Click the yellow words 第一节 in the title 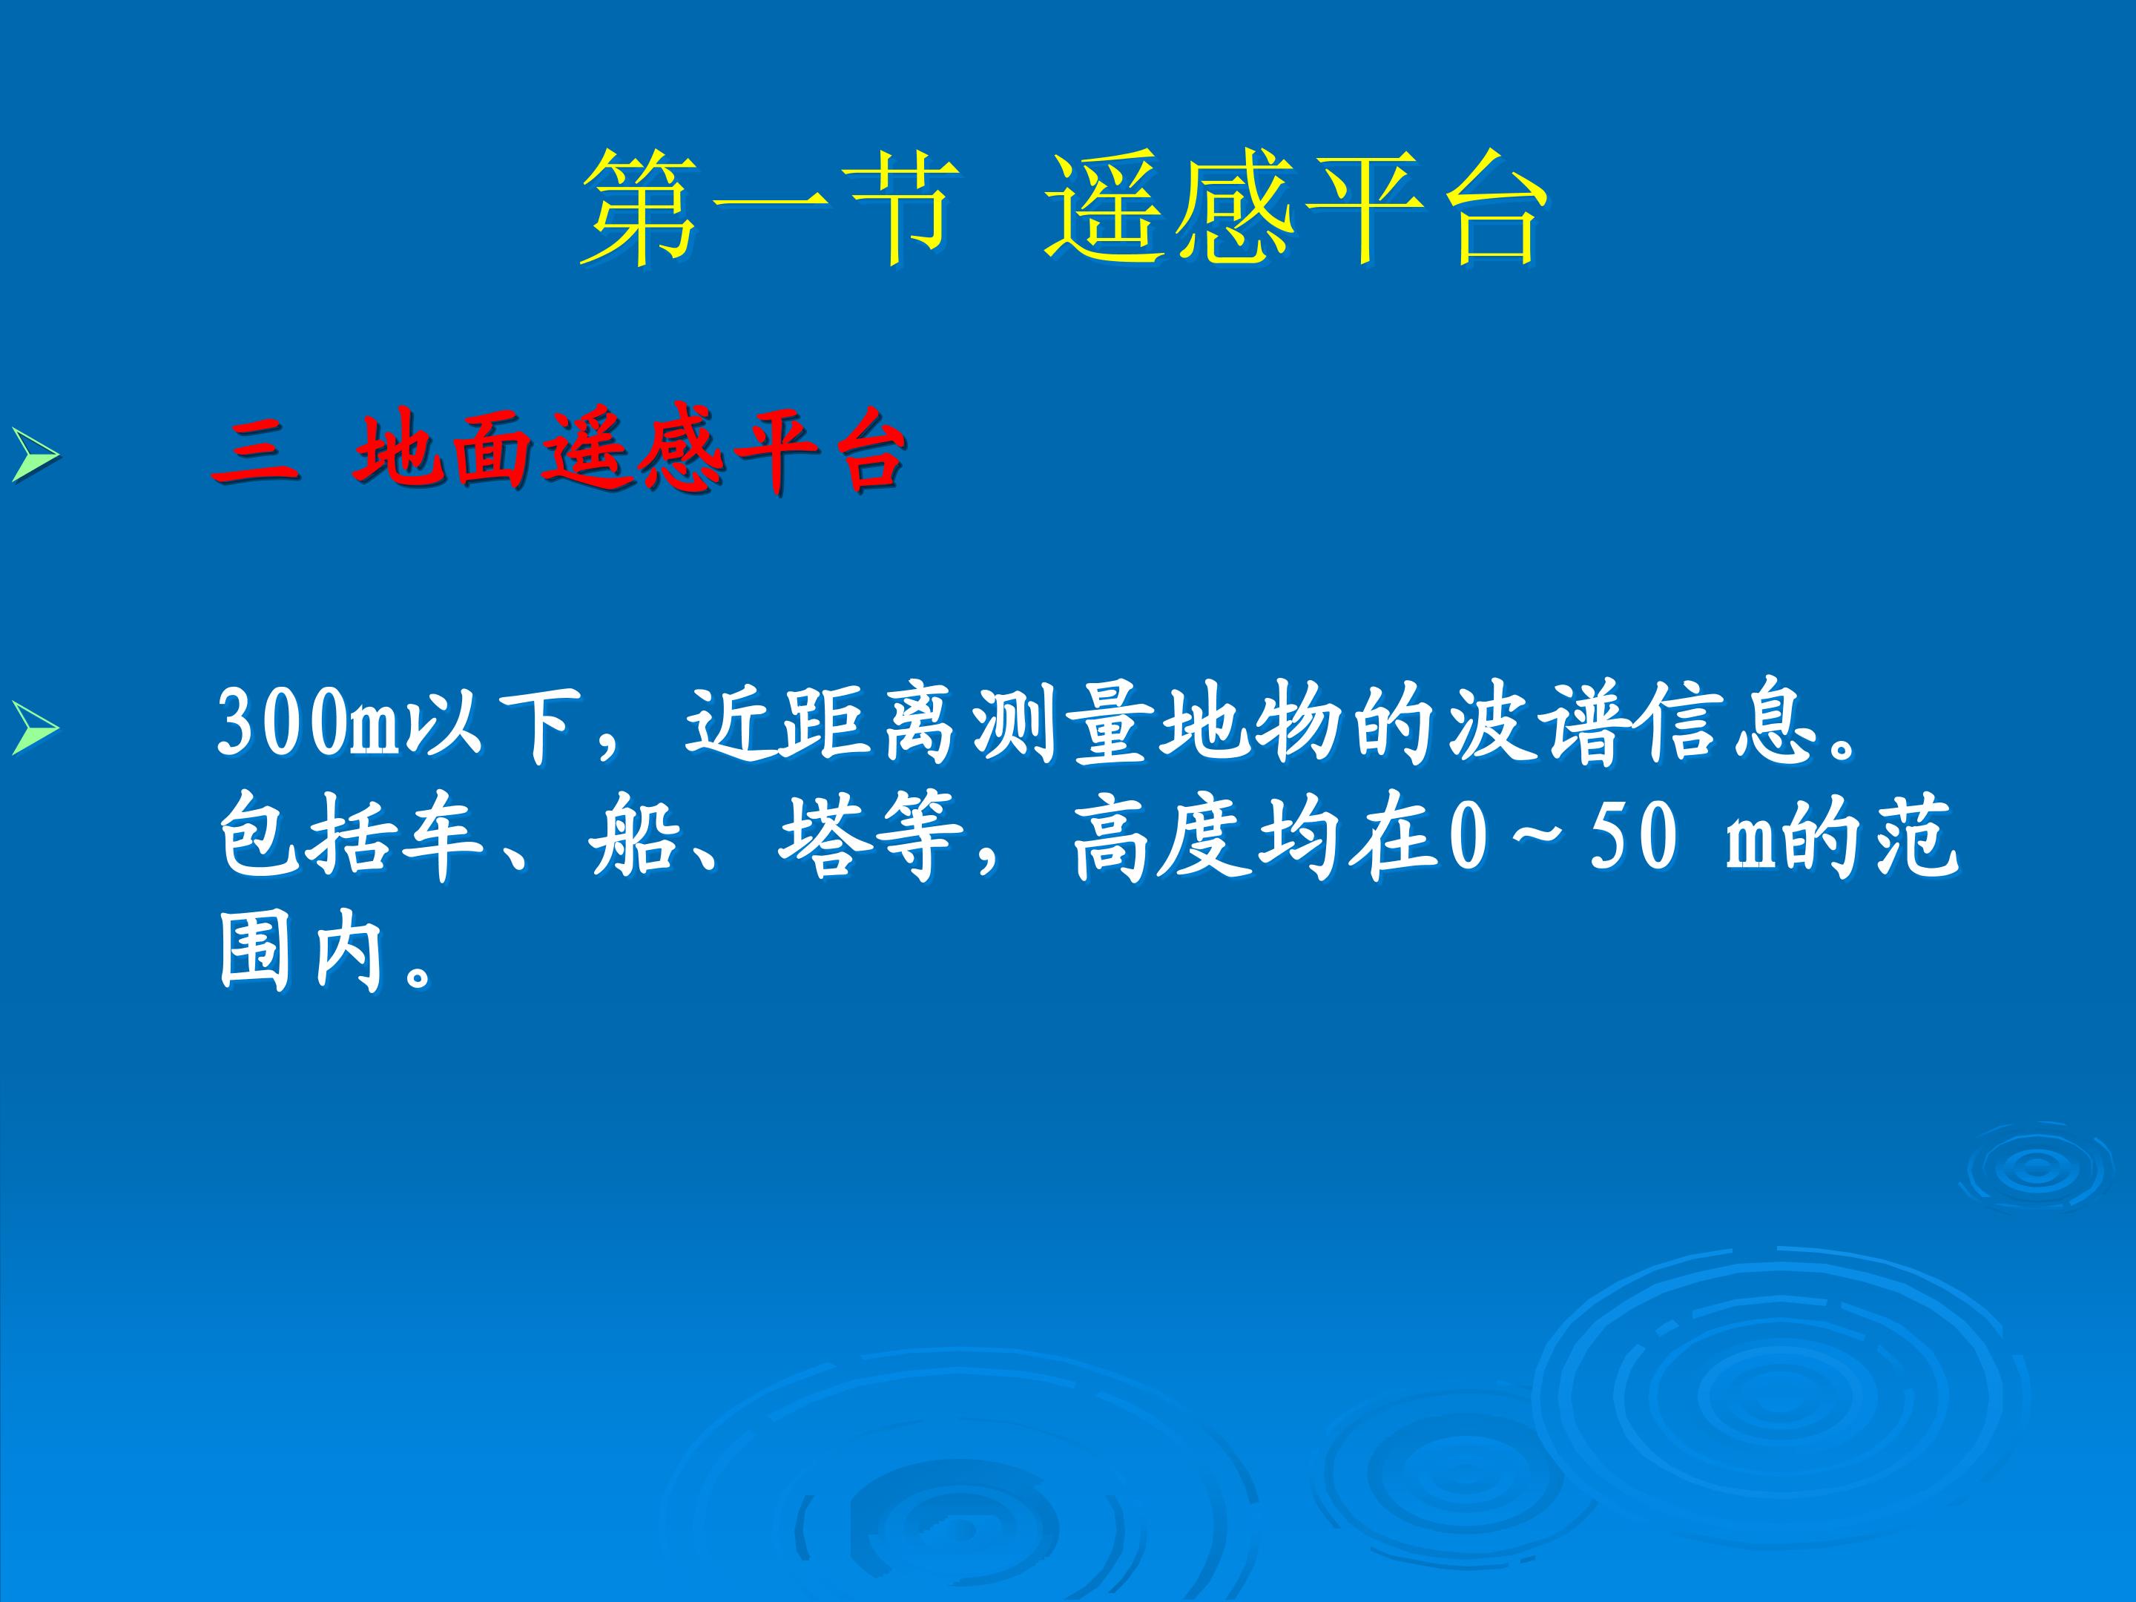(x=771, y=208)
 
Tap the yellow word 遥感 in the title (x=1170, y=208)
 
